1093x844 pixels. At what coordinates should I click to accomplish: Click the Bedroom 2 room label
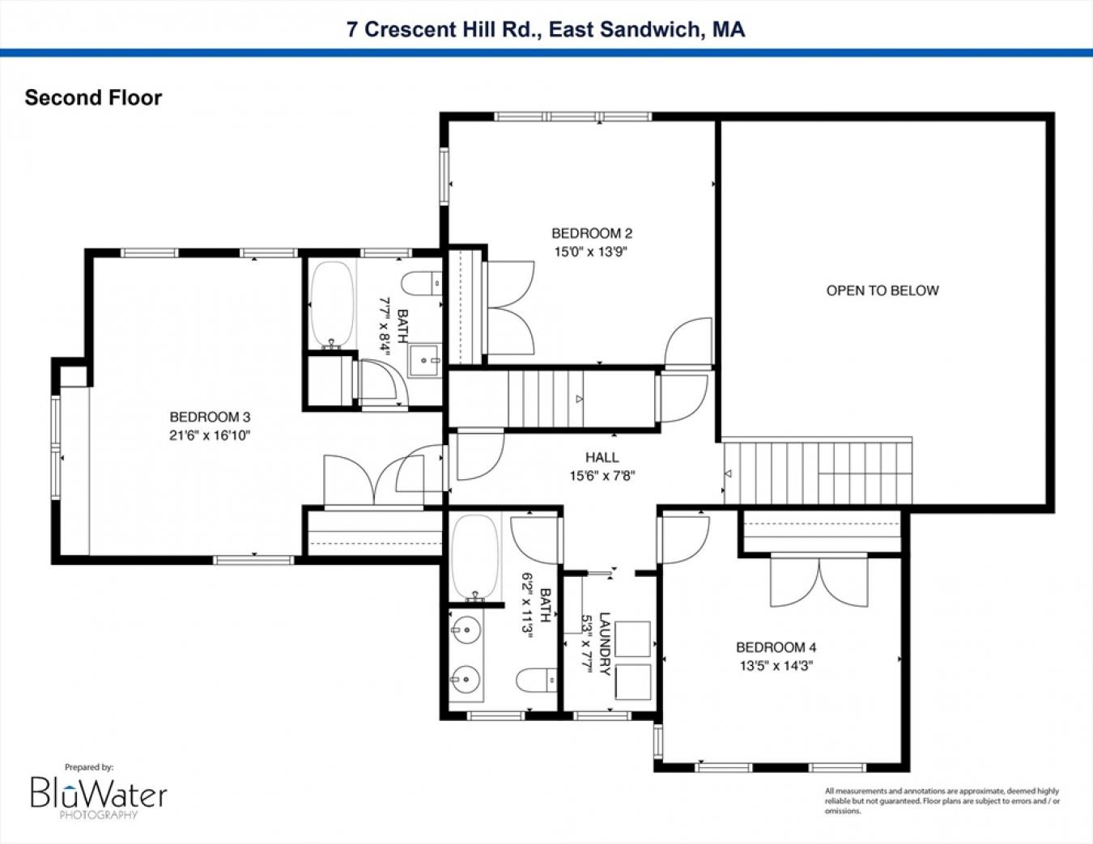pyautogui.click(x=592, y=233)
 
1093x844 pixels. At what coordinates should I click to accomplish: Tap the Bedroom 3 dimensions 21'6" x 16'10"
pyautogui.click(x=210, y=435)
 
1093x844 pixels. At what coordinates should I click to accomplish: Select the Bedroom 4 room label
pyautogui.click(x=776, y=647)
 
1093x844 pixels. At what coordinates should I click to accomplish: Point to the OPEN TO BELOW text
pyautogui.click(x=882, y=291)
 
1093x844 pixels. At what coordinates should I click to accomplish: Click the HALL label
pyautogui.click(x=602, y=457)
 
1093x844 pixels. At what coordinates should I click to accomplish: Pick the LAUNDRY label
pyautogui.click(x=605, y=644)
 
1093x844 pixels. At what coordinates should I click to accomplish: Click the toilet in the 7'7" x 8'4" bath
pyautogui.click(x=422, y=283)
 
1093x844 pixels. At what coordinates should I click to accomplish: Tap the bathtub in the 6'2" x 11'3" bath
pyautogui.click(x=474, y=557)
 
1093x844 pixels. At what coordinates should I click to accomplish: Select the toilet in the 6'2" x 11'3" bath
pyautogui.click(x=537, y=681)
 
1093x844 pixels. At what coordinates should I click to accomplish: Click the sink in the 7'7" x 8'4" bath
pyautogui.click(x=425, y=360)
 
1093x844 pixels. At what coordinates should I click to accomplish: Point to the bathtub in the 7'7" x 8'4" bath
pyautogui.click(x=332, y=303)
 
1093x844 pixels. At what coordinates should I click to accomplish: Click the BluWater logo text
pyautogui.click(x=99, y=793)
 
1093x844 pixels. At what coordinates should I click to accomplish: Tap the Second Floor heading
pyautogui.click(x=94, y=98)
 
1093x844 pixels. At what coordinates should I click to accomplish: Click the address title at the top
pyautogui.click(x=546, y=29)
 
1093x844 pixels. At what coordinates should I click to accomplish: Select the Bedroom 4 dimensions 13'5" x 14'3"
pyautogui.click(x=776, y=665)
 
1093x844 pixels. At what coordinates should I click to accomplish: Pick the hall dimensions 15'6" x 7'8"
pyautogui.click(x=602, y=475)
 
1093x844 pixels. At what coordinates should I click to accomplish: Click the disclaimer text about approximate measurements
pyautogui.click(x=942, y=801)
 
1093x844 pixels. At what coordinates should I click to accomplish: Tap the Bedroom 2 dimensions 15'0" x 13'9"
pyautogui.click(x=592, y=252)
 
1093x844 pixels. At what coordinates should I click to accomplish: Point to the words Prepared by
pyautogui.click(x=89, y=767)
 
